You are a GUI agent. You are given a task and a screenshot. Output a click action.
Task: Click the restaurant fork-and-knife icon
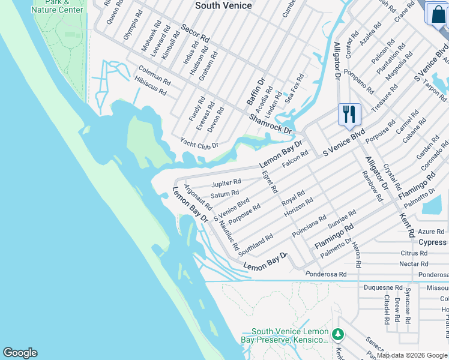pos(349,113)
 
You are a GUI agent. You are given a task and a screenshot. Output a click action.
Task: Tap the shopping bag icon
pos(438,14)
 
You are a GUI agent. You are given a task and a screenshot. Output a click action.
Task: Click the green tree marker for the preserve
pos(339,333)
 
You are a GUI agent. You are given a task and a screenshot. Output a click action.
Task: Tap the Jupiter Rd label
pos(226,182)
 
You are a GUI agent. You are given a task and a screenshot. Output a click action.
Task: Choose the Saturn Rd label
pos(225,194)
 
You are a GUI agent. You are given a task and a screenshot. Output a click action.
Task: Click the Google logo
pos(20,353)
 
